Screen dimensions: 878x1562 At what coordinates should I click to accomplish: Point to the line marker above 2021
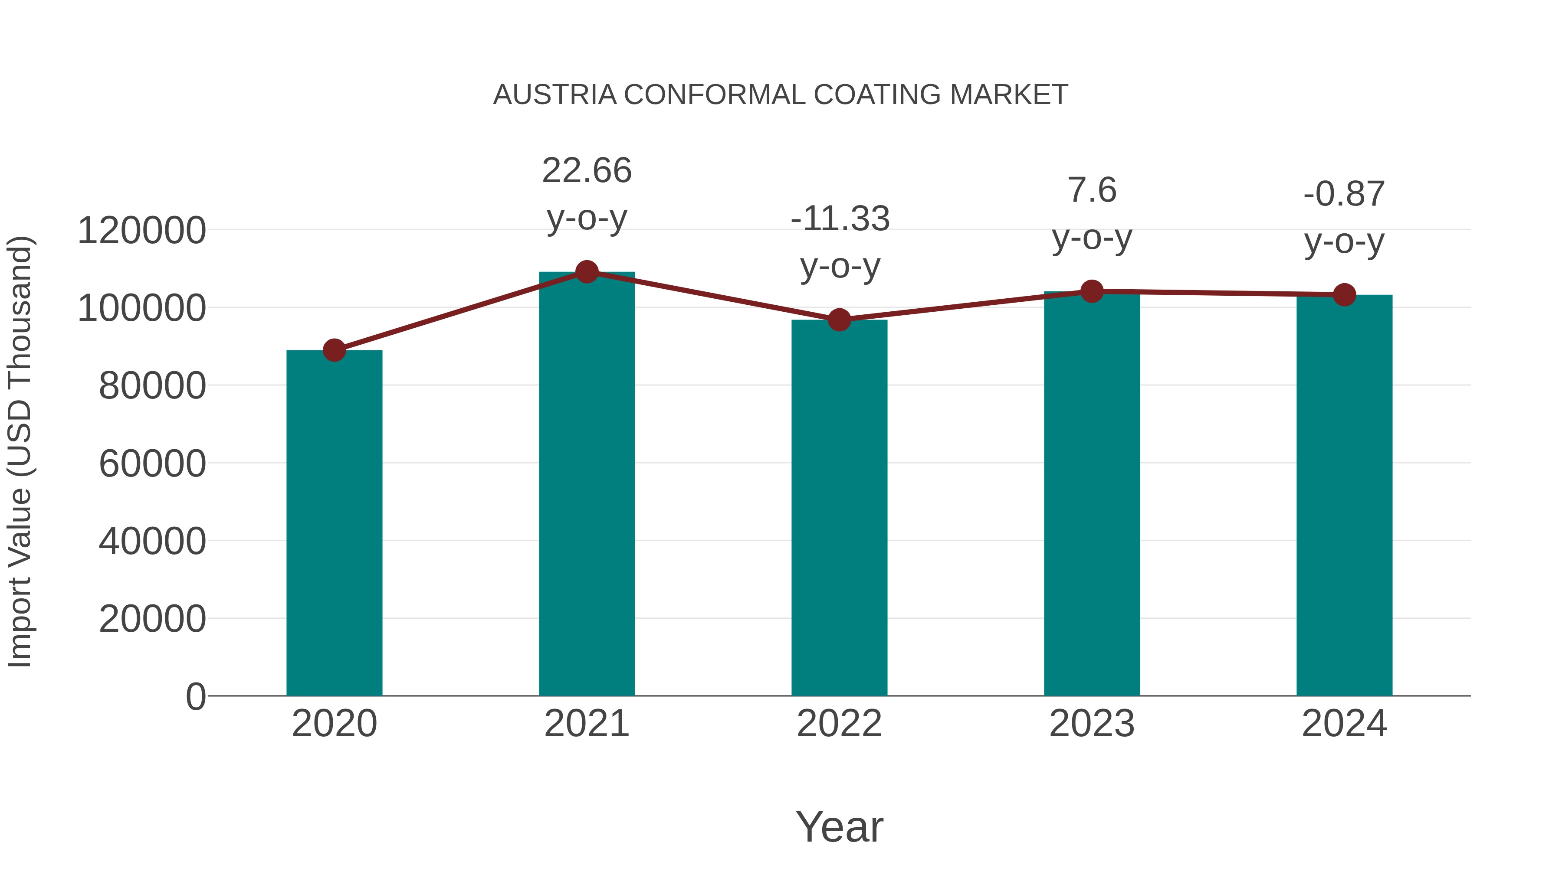click(586, 272)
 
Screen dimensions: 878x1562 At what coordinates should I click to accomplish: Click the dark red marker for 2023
click(1092, 291)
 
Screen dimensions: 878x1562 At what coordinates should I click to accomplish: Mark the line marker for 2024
click(1344, 295)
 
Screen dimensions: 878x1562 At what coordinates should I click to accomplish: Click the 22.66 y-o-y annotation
click(586, 194)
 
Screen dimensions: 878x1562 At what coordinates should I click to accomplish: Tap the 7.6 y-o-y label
click(1092, 214)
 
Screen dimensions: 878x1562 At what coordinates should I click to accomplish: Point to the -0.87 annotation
click(1344, 218)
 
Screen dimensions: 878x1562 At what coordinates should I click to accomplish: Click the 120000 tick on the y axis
click(142, 231)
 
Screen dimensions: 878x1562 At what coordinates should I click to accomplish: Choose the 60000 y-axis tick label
click(152, 463)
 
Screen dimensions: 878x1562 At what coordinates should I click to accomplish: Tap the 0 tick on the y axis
click(195, 696)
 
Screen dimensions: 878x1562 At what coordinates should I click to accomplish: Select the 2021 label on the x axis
click(586, 724)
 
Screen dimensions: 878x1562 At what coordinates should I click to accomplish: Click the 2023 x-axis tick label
click(1092, 724)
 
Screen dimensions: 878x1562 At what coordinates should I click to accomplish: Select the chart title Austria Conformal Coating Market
click(781, 95)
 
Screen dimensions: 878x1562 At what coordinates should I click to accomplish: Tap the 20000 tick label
click(152, 619)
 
